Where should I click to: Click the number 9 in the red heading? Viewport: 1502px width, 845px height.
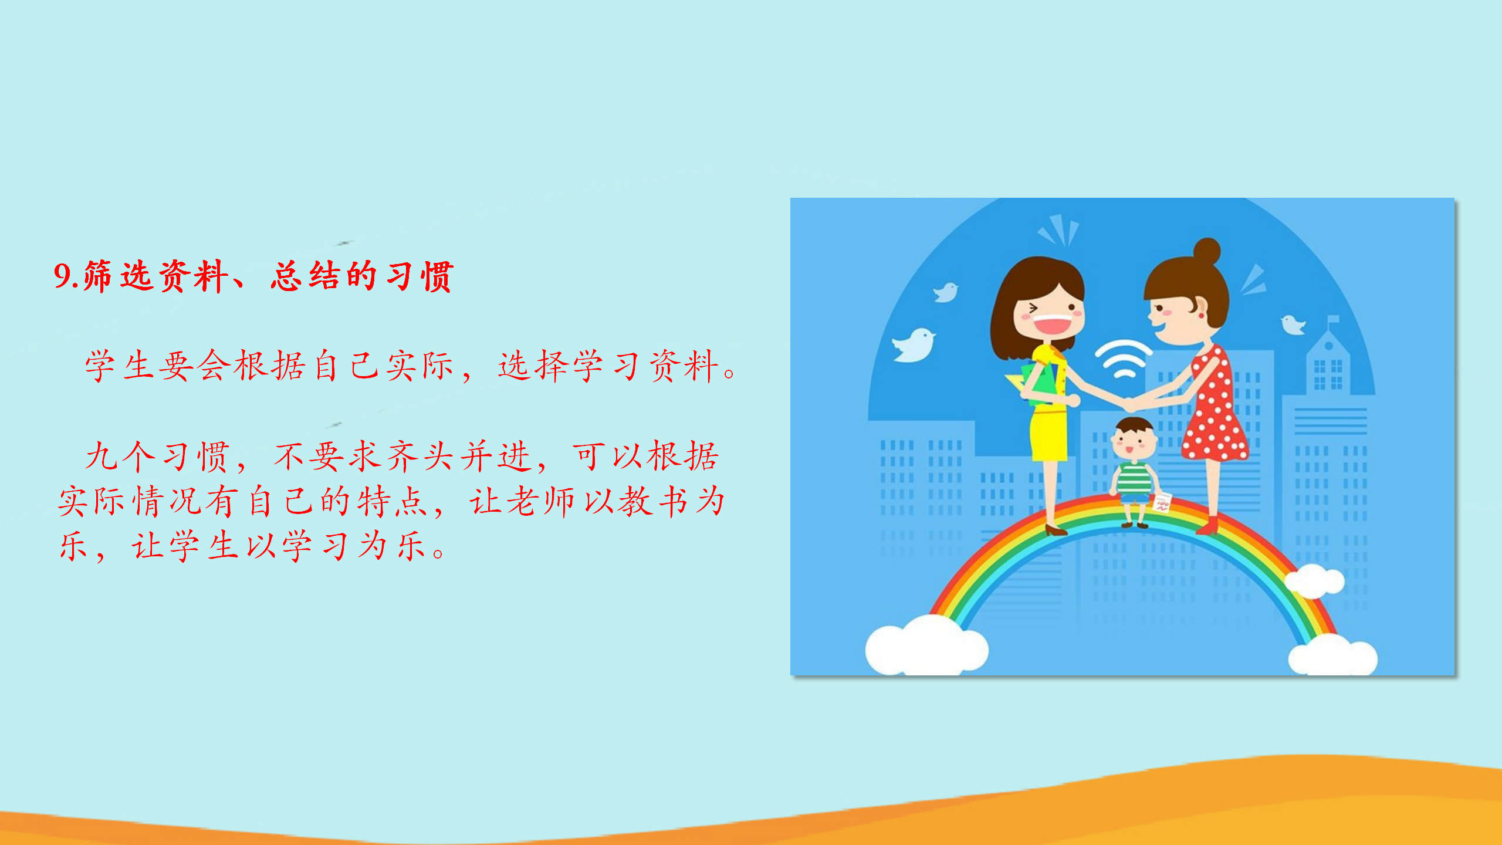[62, 276]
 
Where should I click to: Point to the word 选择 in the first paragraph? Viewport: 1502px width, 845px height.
[535, 366]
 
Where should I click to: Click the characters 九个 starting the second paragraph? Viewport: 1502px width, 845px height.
[121, 457]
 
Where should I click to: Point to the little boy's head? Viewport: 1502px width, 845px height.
[1134, 438]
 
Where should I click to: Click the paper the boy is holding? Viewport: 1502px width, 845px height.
[1162, 502]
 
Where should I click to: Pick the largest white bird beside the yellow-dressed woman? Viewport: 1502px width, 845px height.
[913, 346]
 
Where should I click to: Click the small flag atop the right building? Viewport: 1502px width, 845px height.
[1333, 320]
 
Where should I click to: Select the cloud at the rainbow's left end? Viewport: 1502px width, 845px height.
[926, 645]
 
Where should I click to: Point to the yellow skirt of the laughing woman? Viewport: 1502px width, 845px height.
[1048, 435]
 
